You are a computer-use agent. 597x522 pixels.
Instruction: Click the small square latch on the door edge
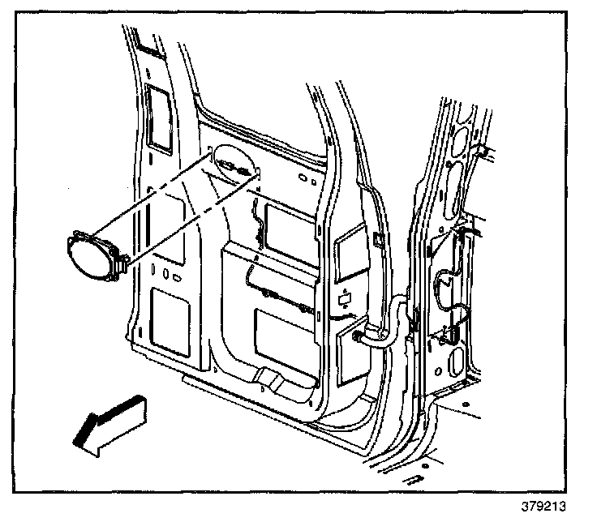tap(379, 238)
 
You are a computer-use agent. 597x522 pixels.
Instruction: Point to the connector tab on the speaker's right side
tap(124, 260)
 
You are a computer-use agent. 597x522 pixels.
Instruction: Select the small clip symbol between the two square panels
tap(345, 297)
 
